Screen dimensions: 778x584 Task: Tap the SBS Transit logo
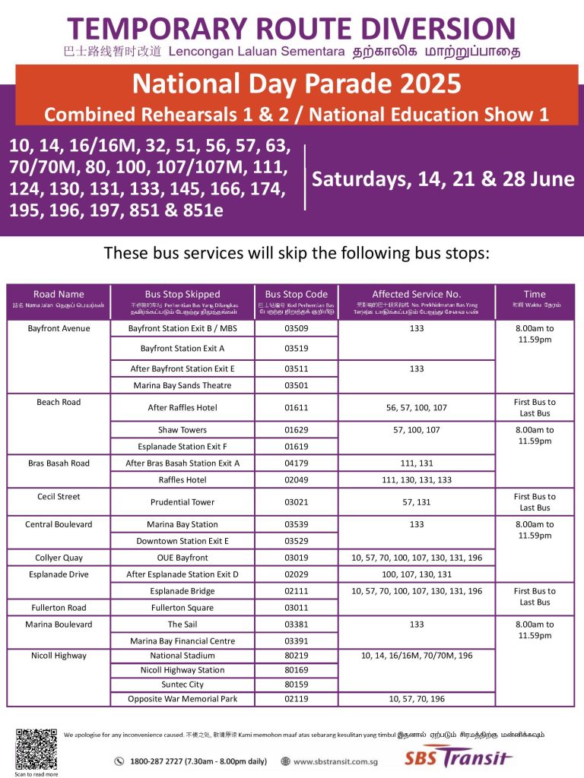pyautogui.click(x=458, y=759)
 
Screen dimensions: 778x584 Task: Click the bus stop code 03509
pyautogui.click(x=296, y=329)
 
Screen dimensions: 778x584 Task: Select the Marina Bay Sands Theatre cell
pyautogui.click(x=182, y=385)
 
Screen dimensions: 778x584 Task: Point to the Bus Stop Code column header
pyautogui.click(x=296, y=294)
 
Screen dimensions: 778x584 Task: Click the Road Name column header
pyautogui.click(x=59, y=294)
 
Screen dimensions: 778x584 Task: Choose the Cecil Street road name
pyautogui.click(x=59, y=497)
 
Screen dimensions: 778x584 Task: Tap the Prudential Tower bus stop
pyautogui.click(x=182, y=502)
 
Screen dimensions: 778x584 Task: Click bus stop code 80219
pyautogui.click(x=296, y=656)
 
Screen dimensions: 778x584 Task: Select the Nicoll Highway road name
pyautogui.click(x=59, y=656)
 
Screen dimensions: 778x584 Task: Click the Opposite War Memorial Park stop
pyautogui.click(x=182, y=699)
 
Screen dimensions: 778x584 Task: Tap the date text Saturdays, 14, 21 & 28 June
pyautogui.click(x=443, y=179)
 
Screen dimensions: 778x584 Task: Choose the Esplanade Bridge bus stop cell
pyautogui.click(x=182, y=591)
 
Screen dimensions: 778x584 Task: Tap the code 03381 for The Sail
pyautogui.click(x=296, y=625)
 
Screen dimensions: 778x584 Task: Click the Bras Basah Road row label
pyautogui.click(x=59, y=463)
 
